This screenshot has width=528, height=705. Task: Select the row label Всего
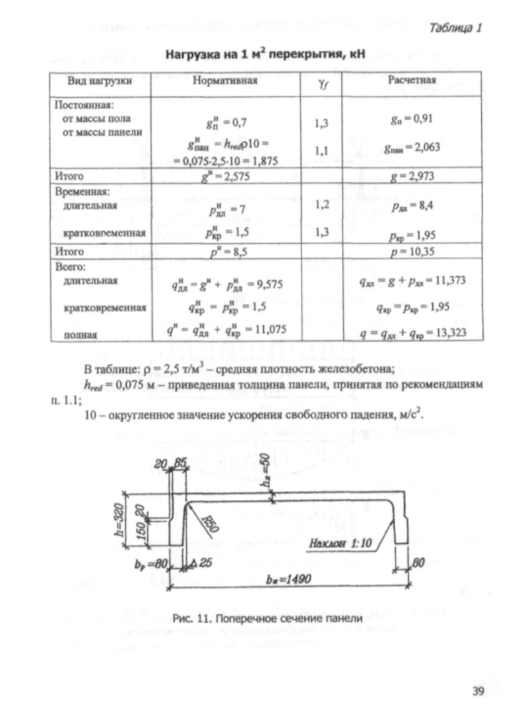pos(69,268)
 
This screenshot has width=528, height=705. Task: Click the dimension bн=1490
pos(289,579)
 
